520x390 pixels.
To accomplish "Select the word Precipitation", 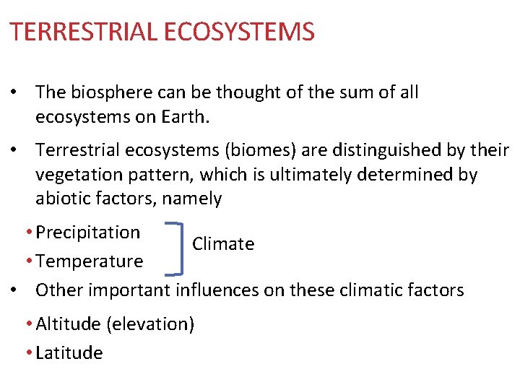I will [87, 233].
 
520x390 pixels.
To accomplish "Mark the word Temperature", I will [89, 261].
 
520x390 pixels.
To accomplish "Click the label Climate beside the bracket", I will [223, 244].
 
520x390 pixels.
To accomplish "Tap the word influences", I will [217, 290].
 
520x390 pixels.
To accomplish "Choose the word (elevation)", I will [150, 324].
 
